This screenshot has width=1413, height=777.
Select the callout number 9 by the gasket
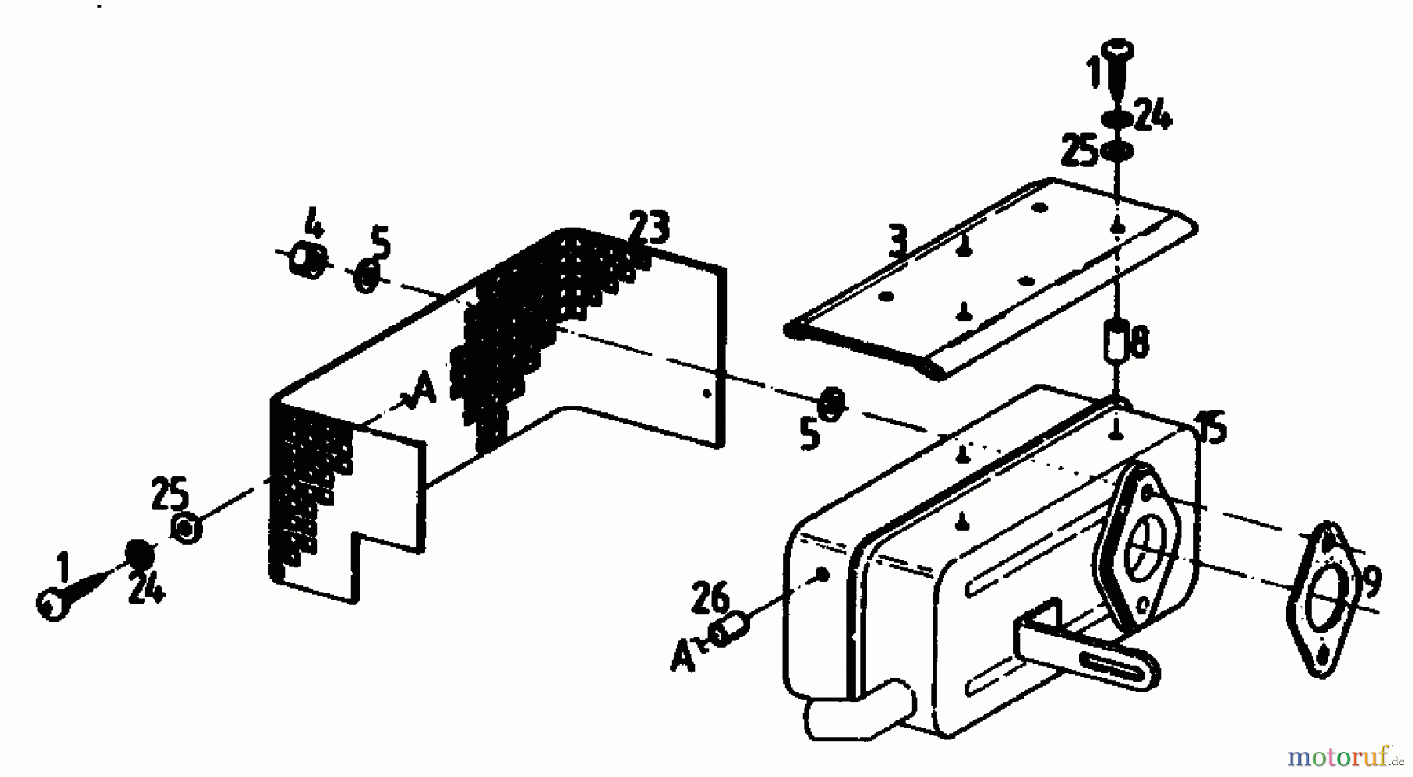coord(1371,582)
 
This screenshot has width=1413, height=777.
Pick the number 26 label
coord(710,601)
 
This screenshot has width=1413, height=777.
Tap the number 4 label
coord(313,224)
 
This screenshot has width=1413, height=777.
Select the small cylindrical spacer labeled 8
coord(1115,338)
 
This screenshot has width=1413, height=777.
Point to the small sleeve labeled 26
coord(731,631)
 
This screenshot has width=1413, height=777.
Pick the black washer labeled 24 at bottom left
coord(140,554)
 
